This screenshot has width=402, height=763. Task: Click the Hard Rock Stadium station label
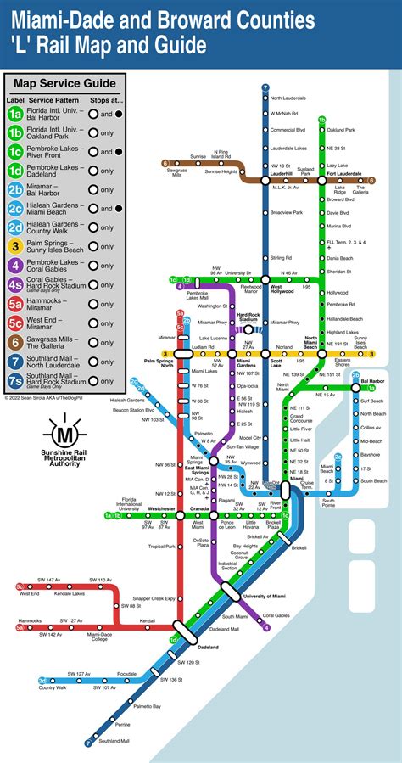(x=248, y=318)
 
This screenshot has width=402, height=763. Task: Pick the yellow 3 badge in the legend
(x=15, y=246)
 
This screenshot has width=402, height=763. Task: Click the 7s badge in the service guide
(x=15, y=379)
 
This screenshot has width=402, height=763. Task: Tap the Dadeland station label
(x=208, y=647)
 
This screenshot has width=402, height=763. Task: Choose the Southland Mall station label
(x=113, y=741)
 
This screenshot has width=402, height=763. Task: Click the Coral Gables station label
(x=276, y=615)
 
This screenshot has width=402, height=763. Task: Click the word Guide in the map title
(x=175, y=43)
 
